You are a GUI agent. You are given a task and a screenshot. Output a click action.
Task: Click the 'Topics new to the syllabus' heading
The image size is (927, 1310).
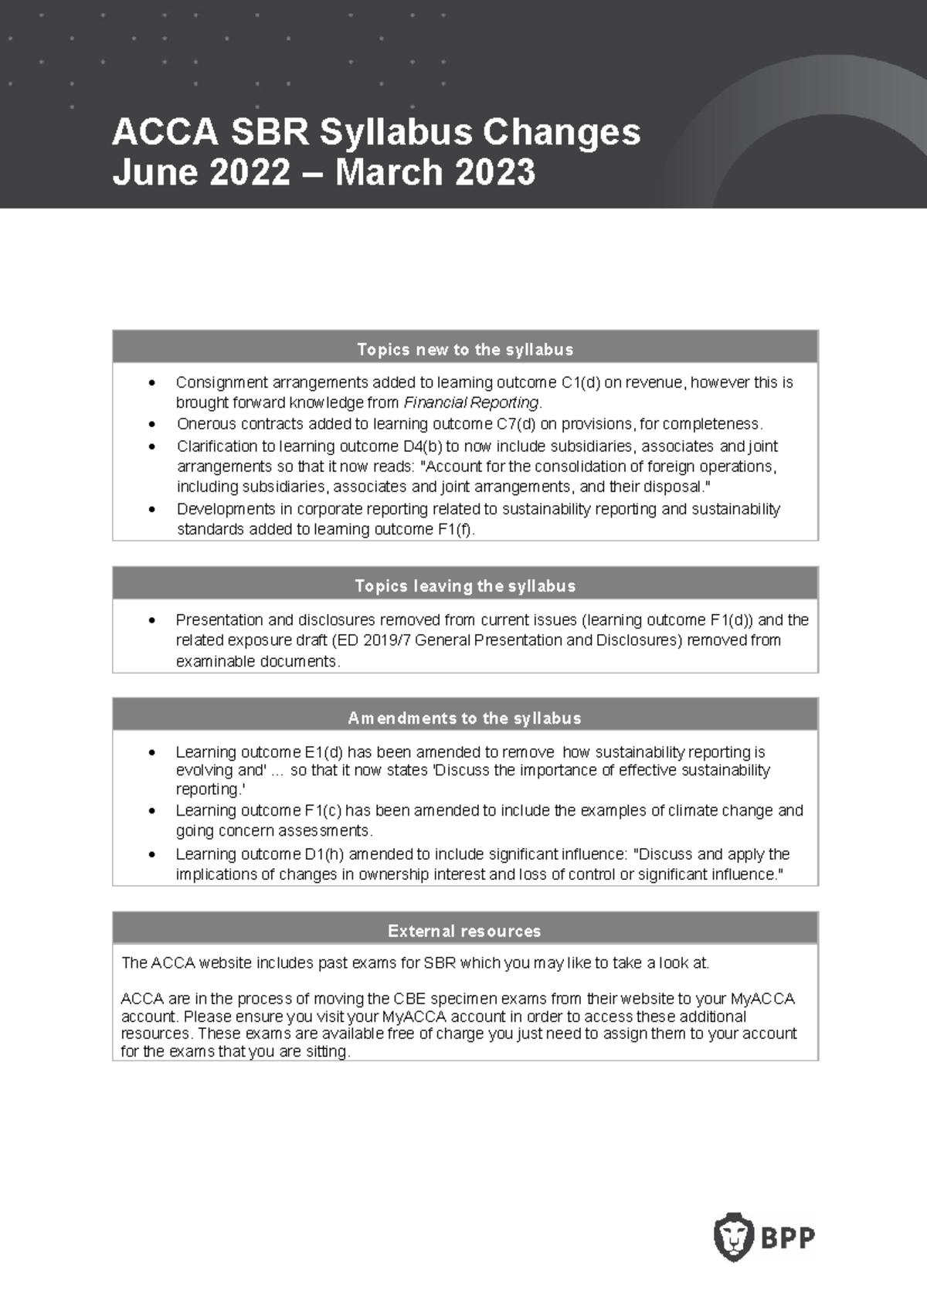(x=465, y=350)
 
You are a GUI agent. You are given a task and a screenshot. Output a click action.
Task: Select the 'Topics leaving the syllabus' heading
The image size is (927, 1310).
(x=465, y=586)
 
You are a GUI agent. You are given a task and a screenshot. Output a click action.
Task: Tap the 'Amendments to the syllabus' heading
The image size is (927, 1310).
(x=465, y=718)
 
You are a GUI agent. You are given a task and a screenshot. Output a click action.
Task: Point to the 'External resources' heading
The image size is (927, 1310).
(x=465, y=932)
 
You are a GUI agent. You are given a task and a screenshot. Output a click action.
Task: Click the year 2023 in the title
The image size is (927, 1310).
(x=494, y=172)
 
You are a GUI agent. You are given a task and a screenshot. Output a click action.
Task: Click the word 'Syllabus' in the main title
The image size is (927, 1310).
(x=395, y=132)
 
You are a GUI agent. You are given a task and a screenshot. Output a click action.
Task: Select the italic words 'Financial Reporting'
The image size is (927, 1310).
(x=471, y=402)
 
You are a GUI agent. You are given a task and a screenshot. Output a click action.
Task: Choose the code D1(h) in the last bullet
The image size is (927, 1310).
(x=317, y=854)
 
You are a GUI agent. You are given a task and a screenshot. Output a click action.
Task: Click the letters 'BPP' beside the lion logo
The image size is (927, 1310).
(x=789, y=1238)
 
